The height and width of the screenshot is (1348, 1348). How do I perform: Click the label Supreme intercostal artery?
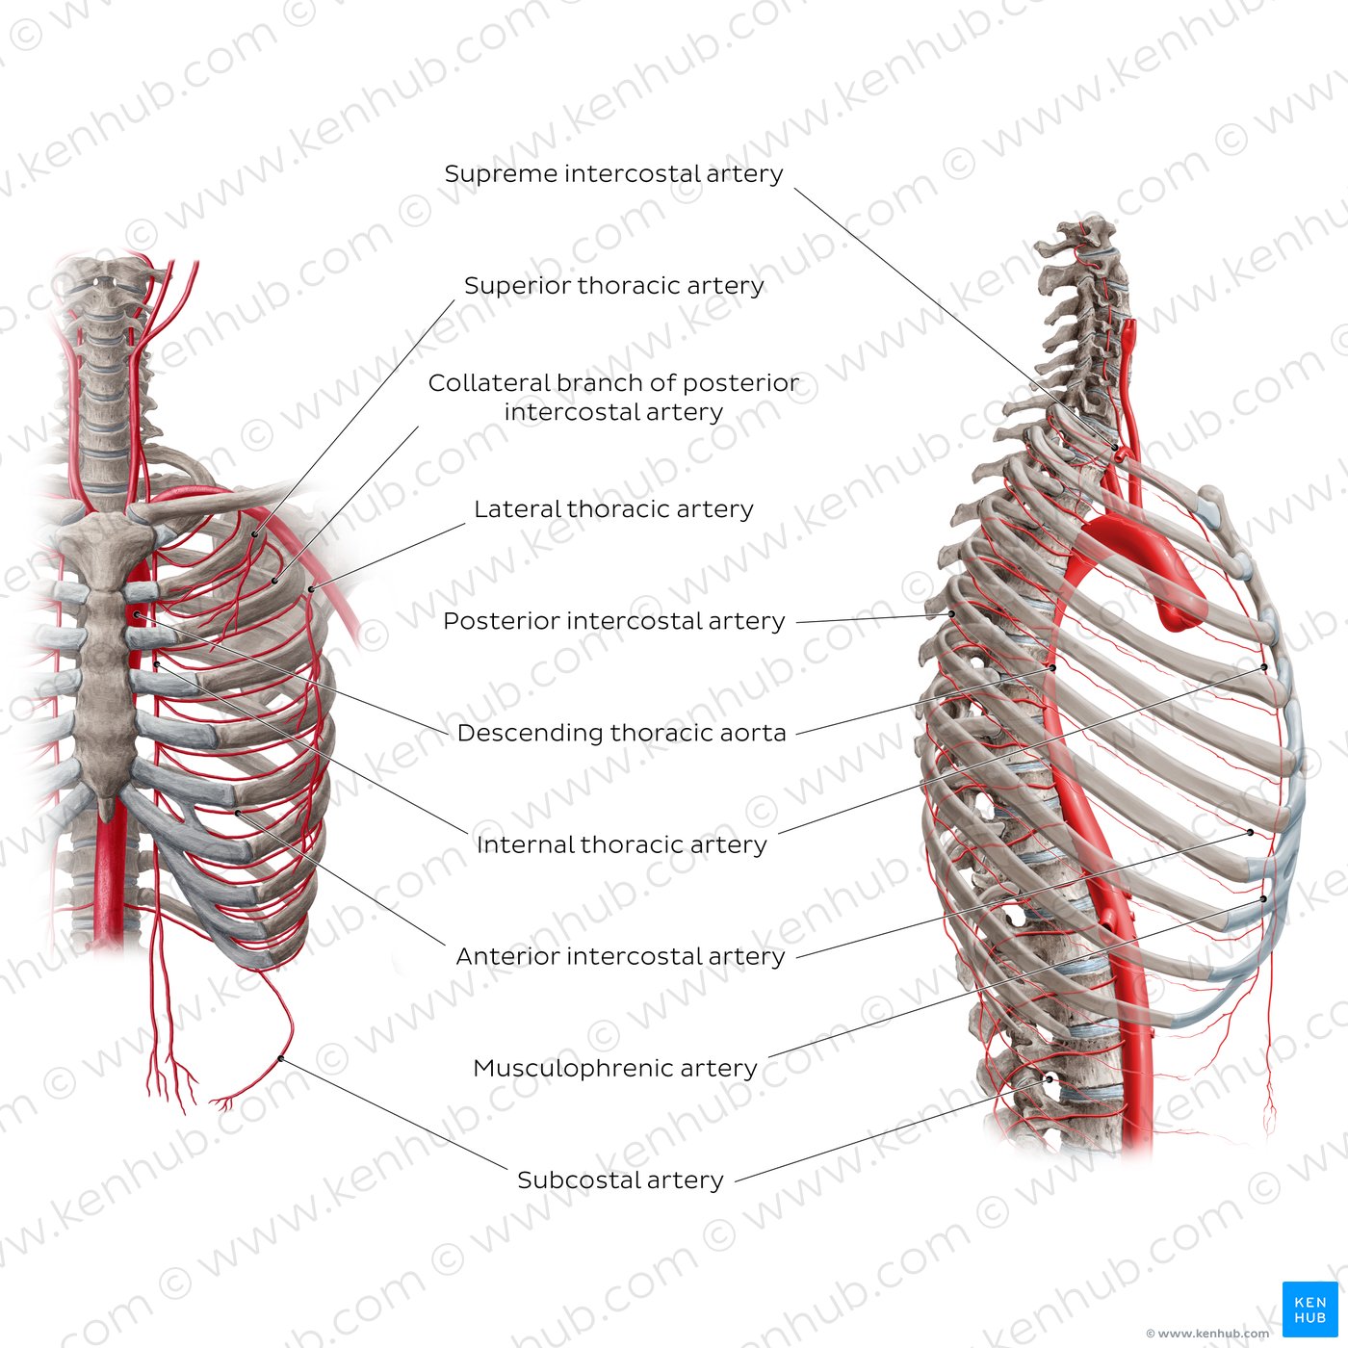tap(613, 173)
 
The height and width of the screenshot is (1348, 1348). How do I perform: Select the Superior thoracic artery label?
tap(614, 285)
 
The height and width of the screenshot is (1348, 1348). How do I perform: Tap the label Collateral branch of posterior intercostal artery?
tap(613, 398)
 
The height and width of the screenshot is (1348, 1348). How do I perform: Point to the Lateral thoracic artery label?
tap(613, 509)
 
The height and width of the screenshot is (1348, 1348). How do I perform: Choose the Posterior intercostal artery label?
tap(613, 621)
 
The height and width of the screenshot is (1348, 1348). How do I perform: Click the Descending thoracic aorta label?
tap(621, 733)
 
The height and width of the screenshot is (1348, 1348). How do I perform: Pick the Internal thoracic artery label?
tap(621, 845)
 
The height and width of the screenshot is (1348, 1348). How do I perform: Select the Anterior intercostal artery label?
tap(620, 956)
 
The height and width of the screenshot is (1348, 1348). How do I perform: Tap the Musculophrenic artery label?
tap(615, 1068)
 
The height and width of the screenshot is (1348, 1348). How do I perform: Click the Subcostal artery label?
tap(620, 1180)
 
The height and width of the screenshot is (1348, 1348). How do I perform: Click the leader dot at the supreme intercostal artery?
tap(1115, 448)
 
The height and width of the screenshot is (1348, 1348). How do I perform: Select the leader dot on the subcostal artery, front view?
tap(280, 1059)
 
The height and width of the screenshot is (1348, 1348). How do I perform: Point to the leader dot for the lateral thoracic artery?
tap(311, 589)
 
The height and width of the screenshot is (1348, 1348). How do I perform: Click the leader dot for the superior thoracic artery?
tap(254, 535)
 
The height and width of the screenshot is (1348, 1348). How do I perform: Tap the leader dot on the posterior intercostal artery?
tap(952, 614)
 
